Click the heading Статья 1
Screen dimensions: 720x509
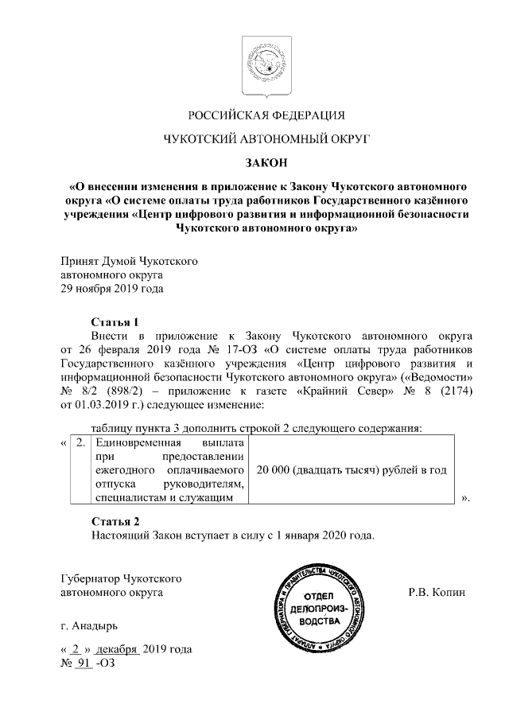pos(115,322)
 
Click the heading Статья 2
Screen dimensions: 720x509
pos(115,522)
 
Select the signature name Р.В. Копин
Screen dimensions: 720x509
pos(436,593)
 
